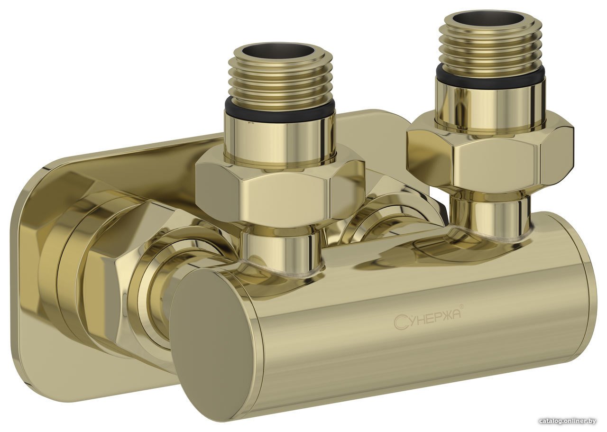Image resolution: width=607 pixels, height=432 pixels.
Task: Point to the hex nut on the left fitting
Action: coord(280,187)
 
